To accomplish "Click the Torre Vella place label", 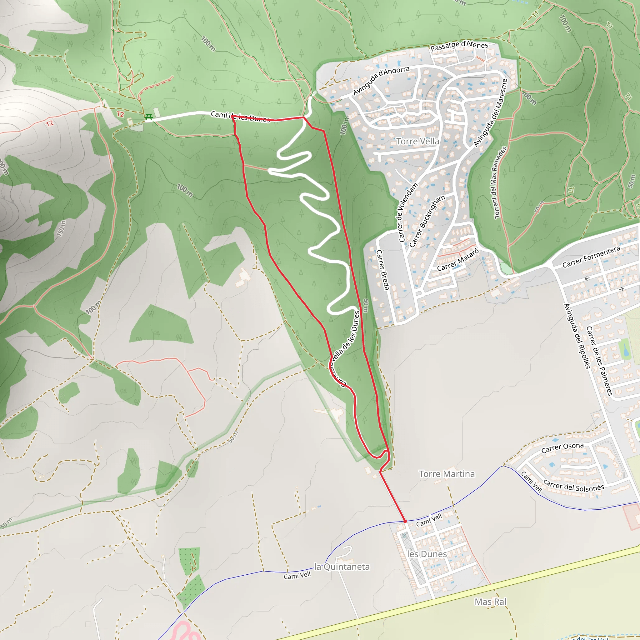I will pyautogui.click(x=417, y=142).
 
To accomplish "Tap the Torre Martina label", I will pyautogui.click(x=447, y=474).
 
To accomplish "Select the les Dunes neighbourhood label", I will pyautogui.click(x=427, y=554).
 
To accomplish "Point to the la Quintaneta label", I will pyautogui.click(x=342, y=567).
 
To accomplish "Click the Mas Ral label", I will pyautogui.click(x=490, y=602).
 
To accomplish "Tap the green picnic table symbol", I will pyautogui.click(x=148, y=117).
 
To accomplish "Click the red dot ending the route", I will pyautogui.click(x=405, y=521).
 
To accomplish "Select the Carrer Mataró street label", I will pyautogui.click(x=458, y=260).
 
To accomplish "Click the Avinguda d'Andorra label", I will pyautogui.click(x=381, y=81).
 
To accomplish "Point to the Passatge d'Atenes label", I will pyautogui.click(x=459, y=46).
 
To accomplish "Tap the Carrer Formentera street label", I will pyautogui.click(x=591, y=257).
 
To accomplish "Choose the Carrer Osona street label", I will pyautogui.click(x=562, y=447).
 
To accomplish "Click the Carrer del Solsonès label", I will pyautogui.click(x=574, y=486).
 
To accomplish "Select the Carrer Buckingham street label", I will pyautogui.click(x=427, y=221).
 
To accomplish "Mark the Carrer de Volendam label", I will pyautogui.click(x=407, y=212).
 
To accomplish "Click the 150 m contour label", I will pyautogui.click(x=61, y=228).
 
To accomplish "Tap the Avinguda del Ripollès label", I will pyautogui.click(x=577, y=336).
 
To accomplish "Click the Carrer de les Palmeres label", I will pyautogui.click(x=599, y=361).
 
